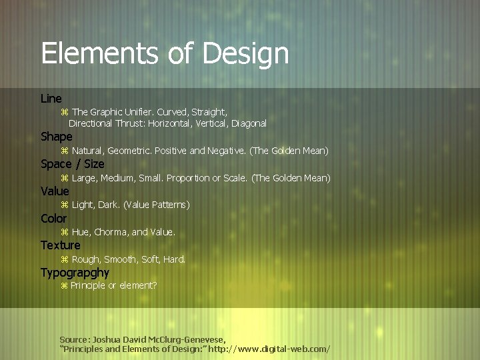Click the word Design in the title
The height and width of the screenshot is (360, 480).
coord(247,53)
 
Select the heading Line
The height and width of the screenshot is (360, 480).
coord(51,99)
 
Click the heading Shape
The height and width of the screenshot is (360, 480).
coord(56,137)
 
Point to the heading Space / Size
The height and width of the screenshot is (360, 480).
coord(72,164)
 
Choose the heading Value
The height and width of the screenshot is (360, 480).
coord(55,191)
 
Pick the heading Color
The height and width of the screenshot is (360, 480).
coord(53,219)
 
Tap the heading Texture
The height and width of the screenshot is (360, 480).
coord(60,245)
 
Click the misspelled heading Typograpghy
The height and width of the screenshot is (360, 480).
coord(75,273)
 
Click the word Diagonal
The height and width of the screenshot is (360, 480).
coord(249,123)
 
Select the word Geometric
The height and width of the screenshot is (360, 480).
coord(129,151)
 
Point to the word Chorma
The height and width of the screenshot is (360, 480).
coord(111,232)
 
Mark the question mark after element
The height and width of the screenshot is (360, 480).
coord(155,285)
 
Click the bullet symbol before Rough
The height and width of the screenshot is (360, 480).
coord(65,259)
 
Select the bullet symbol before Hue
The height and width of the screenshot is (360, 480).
coord(65,232)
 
